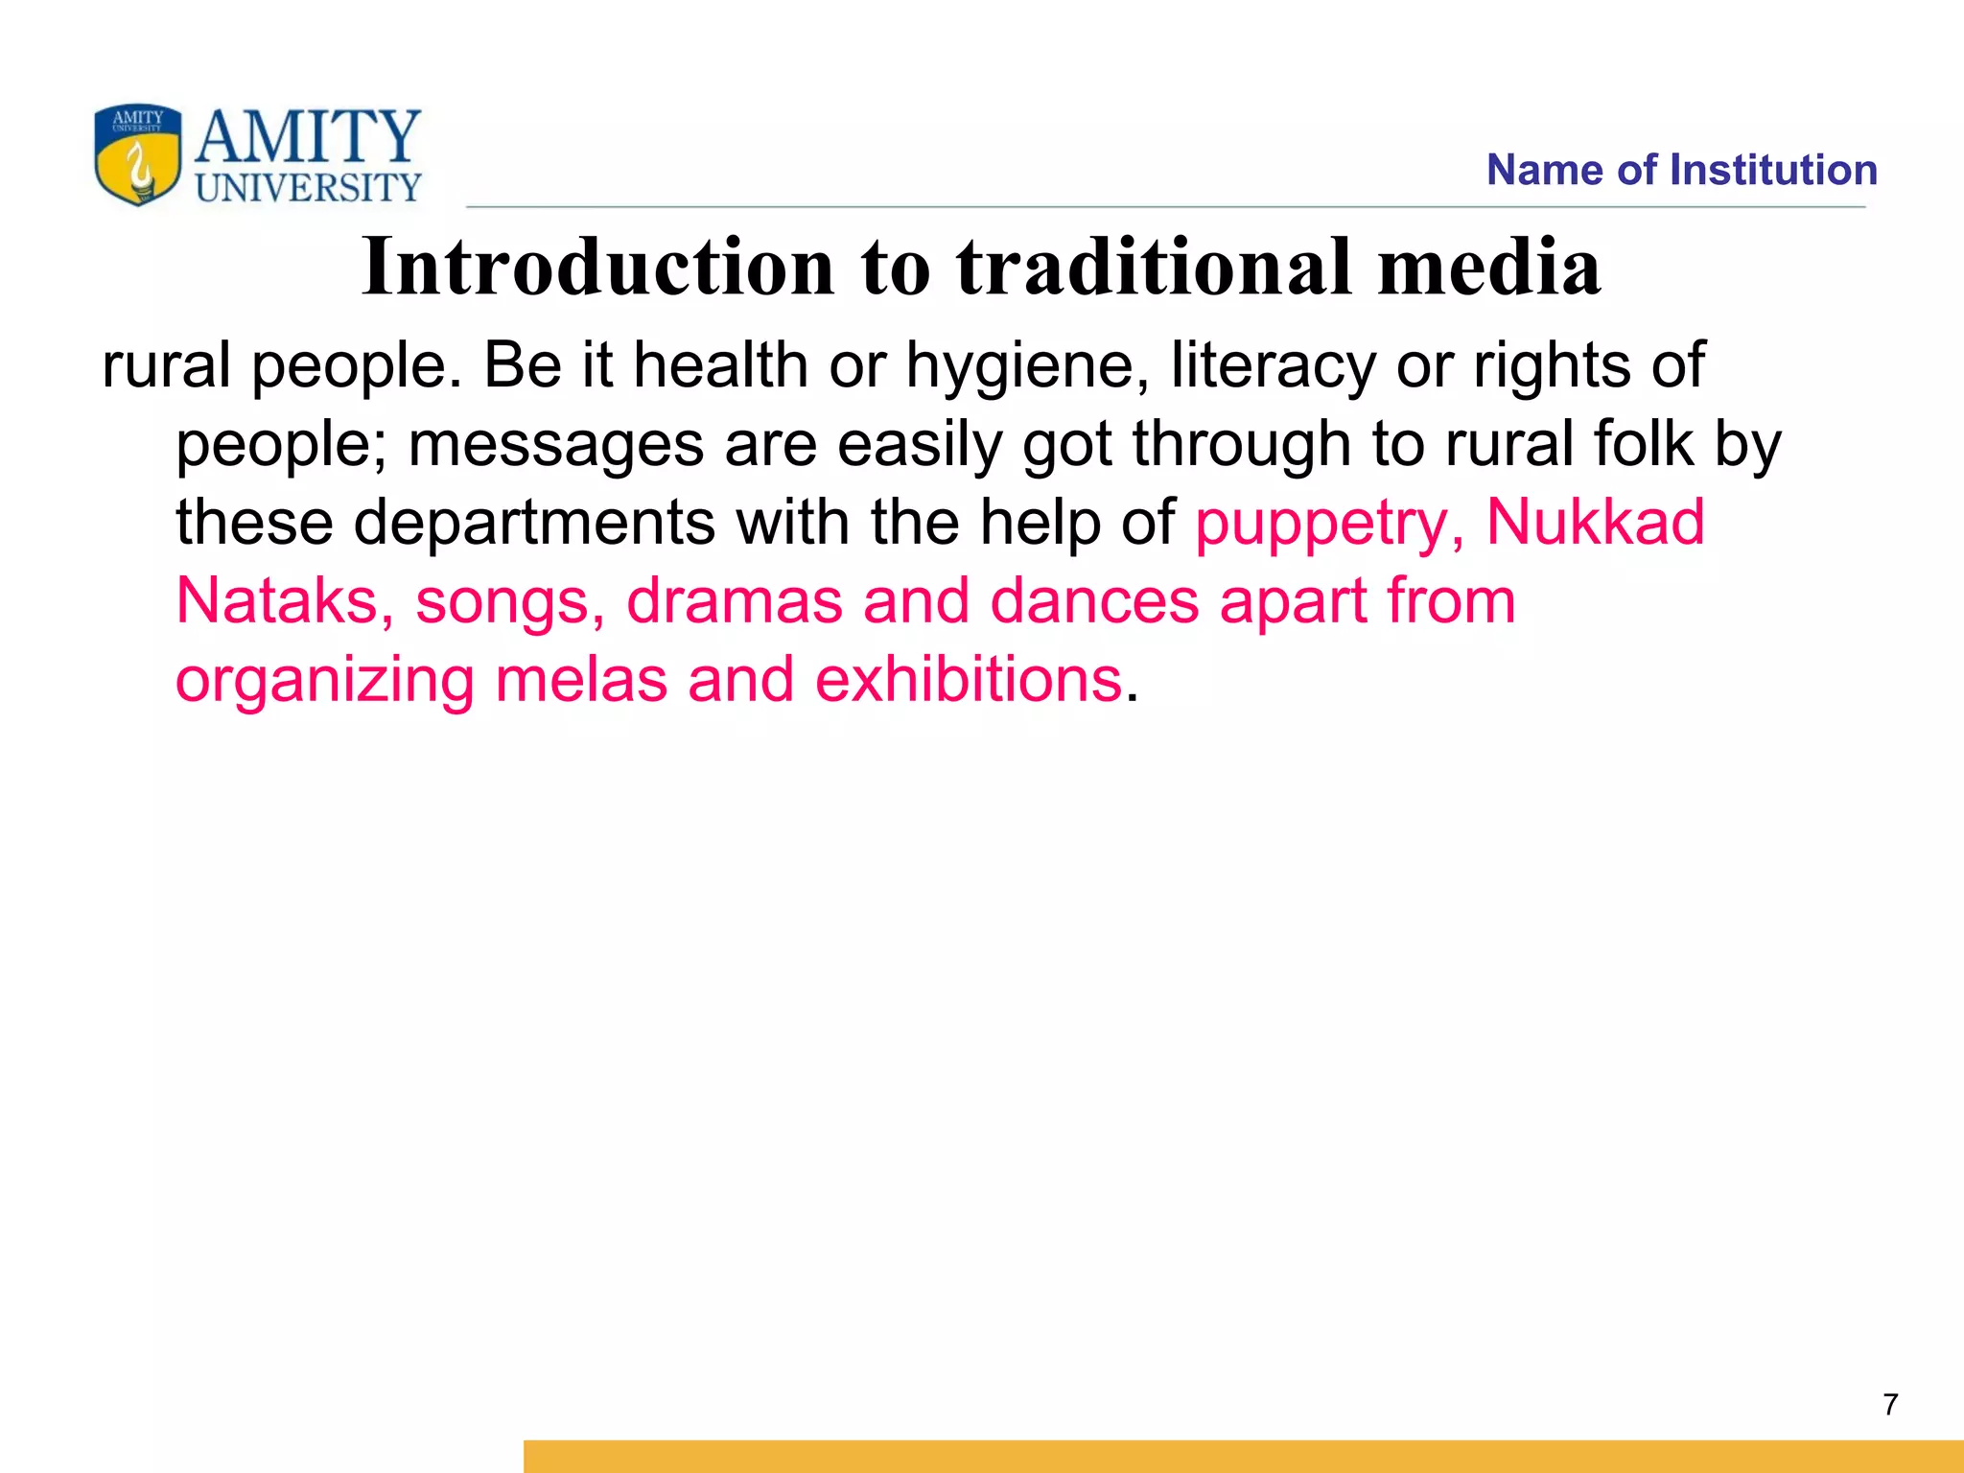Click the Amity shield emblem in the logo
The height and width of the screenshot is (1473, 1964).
click(x=137, y=154)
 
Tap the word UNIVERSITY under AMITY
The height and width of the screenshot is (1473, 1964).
click(x=309, y=188)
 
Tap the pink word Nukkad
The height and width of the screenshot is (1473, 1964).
click(x=1595, y=522)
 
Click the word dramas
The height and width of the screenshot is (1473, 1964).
click(x=734, y=601)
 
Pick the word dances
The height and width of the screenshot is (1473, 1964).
click(x=1094, y=601)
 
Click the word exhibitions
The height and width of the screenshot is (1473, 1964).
click(x=969, y=680)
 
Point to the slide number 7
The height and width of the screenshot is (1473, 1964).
click(x=1890, y=1405)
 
